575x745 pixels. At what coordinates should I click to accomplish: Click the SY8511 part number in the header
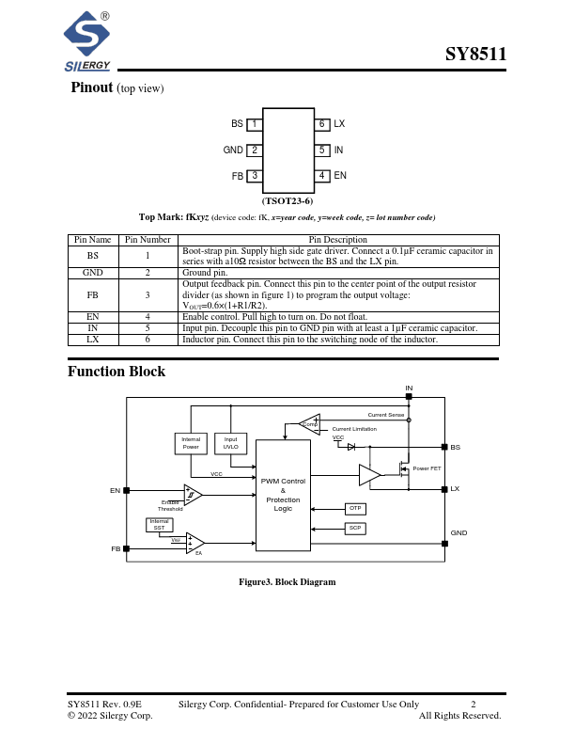(475, 54)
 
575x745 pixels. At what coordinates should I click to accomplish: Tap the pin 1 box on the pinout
(254, 124)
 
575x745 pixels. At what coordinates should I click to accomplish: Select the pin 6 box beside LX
(321, 124)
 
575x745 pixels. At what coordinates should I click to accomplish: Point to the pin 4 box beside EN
(321, 175)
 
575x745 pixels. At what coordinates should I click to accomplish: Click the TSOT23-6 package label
(287, 201)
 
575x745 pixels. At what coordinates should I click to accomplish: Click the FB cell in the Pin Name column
(92, 294)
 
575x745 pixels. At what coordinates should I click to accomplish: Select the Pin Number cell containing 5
(148, 327)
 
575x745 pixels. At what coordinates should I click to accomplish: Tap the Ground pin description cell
(337, 273)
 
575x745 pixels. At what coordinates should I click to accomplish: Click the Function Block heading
(117, 372)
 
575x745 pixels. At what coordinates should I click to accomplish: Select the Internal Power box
(191, 443)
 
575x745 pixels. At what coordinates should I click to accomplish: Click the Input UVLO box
(230, 443)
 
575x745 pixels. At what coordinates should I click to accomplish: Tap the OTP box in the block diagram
(355, 508)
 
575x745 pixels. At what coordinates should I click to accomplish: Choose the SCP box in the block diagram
(355, 529)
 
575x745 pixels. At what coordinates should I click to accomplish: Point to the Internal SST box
(160, 524)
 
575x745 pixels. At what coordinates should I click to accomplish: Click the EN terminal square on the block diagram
(127, 490)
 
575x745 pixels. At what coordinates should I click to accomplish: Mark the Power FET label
(427, 468)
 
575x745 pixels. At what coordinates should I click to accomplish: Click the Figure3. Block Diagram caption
(287, 582)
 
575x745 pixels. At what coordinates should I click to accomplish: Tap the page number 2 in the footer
(474, 704)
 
